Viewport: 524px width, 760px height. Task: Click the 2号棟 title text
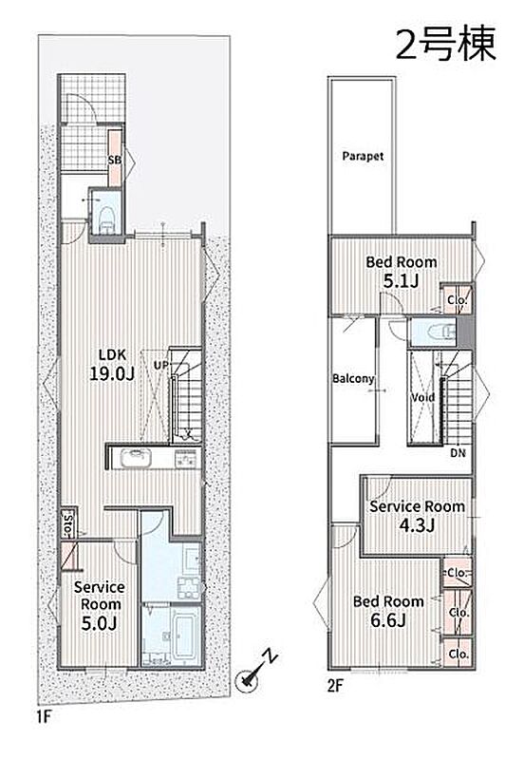[x=446, y=44]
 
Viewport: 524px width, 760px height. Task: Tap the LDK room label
[x=112, y=354]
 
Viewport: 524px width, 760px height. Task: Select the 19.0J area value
[x=112, y=373]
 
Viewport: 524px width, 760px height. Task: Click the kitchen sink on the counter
[x=137, y=458]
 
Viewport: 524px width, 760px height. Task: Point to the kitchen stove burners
[x=187, y=458]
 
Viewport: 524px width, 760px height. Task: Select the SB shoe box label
[x=115, y=160]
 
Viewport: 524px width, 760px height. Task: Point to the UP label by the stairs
[x=161, y=364]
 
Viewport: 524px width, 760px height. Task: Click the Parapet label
[x=363, y=156]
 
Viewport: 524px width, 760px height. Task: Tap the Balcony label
[x=353, y=378]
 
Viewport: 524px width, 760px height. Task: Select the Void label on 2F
[x=422, y=397]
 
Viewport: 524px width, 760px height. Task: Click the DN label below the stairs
[x=458, y=453]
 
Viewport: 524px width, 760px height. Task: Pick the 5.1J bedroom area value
[x=400, y=280]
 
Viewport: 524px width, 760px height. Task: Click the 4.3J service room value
[x=417, y=525]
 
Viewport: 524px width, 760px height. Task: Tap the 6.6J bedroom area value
[x=388, y=620]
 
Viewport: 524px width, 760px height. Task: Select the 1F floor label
[x=44, y=716]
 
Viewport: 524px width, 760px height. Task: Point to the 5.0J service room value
[x=100, y=623]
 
